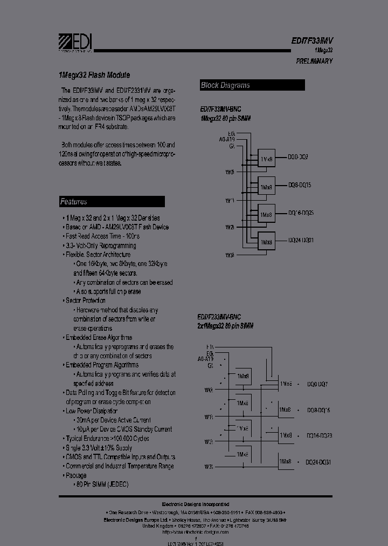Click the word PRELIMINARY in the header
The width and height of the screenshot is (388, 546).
pos(314,61)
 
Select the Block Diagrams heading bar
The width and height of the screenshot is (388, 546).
pos(252,85)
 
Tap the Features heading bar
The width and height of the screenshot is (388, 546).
pos(112,202)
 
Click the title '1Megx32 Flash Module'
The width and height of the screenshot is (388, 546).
pos(94,76)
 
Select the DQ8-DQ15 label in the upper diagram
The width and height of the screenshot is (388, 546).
pos(300,185)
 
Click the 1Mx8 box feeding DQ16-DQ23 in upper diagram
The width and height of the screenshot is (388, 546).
pos(266,214)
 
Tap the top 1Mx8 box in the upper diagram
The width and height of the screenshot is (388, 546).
pos(266,159)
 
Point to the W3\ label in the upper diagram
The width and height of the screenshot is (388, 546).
pos(230,255)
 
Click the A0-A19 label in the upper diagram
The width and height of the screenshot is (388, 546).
pos(226,139)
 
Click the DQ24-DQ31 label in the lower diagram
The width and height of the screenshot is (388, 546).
pos(318,462)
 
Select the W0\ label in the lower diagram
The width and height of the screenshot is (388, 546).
pos(209,390)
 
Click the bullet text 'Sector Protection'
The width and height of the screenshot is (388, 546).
pos(85,301)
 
